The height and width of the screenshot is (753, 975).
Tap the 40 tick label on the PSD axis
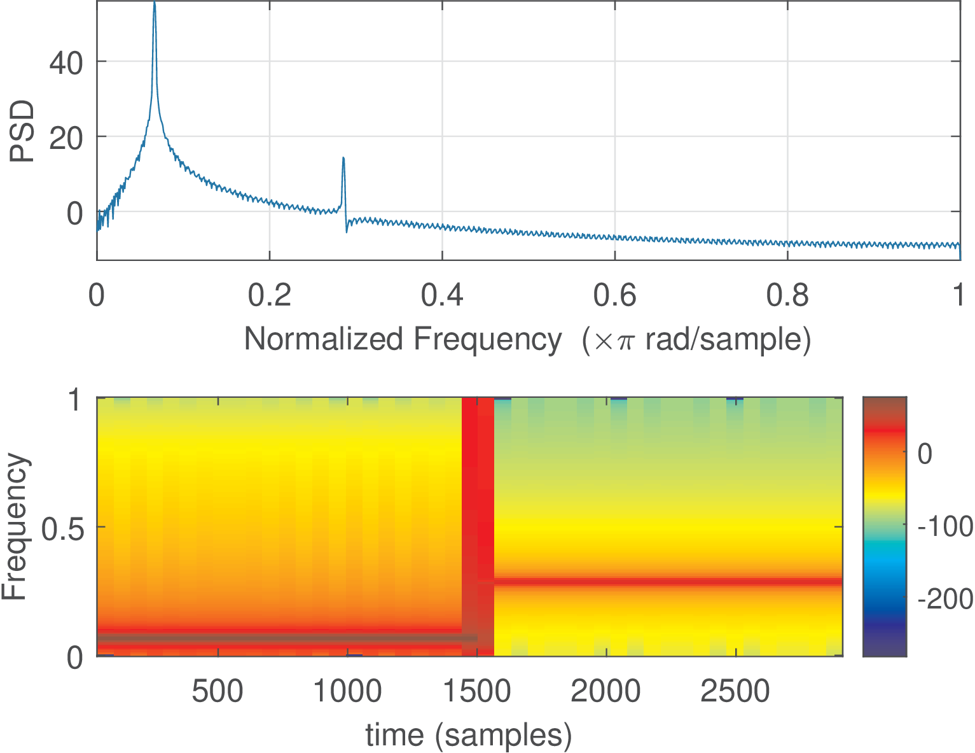click(x=67, y=63)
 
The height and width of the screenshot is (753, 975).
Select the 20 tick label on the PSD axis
click(x=67, y=138)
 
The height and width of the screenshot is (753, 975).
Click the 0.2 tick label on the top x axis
click(x=270, y=296)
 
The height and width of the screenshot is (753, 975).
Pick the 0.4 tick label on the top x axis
click(x=443, y=296)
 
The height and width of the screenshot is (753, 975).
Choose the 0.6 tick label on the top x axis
click(x=615, y=296)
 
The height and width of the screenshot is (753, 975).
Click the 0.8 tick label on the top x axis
click(x=787, y=296)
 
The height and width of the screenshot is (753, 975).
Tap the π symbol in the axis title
click(x=626, y=341)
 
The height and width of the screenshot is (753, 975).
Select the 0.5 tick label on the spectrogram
click(x=62, y=528)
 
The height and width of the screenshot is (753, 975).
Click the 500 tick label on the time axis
click(x=218, y=691)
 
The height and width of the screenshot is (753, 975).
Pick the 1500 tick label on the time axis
click(x=477, y=691)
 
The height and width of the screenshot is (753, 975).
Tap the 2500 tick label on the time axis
click(x=735, y=691)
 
